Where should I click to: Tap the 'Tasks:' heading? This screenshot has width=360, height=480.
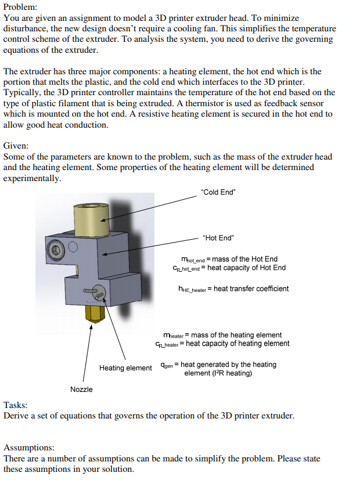click(16, 405)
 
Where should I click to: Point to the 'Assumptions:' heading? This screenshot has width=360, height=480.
click(29, 448)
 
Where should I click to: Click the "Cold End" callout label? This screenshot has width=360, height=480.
click(218, 192)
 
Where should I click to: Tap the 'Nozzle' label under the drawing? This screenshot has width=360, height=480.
click(81, 389)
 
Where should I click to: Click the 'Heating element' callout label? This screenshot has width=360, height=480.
click(125, 368)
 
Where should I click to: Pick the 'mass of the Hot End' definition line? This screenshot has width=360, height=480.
click(229, 259)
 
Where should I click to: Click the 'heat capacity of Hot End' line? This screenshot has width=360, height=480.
click(229, 268)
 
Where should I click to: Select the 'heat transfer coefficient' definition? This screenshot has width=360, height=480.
click(233, 288)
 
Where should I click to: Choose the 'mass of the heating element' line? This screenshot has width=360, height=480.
click(223, 335)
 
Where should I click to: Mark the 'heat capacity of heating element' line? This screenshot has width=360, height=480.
click(222, 344)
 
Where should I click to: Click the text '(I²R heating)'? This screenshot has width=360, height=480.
click(218, 373)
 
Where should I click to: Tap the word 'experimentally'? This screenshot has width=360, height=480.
click(32, 178)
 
